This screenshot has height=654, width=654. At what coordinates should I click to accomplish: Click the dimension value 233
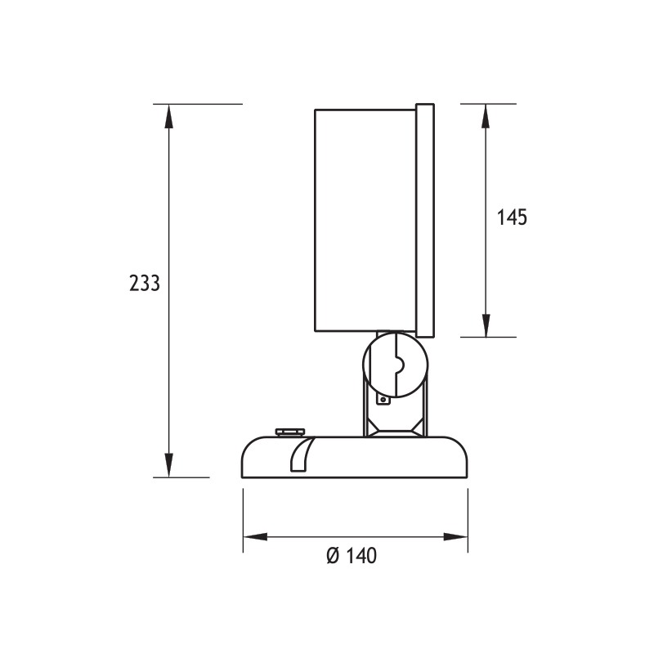pos(144,283)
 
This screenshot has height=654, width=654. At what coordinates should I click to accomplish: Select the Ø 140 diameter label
pos(351,556)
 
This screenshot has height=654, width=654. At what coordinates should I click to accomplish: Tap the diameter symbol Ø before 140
pos(332,556)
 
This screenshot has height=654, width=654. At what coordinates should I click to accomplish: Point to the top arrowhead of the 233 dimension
pos(169,115)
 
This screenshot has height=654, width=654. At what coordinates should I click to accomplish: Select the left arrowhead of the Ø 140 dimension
pos(254,537)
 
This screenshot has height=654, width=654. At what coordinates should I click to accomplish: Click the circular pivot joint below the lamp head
pos(394,363)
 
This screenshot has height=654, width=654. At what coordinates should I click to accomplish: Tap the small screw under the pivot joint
pos(381,400)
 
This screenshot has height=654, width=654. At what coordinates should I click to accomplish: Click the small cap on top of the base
pos(289,431)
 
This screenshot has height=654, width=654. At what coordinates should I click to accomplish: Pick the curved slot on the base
pos(301,455)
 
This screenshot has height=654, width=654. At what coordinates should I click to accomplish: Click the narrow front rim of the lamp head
pos(425,219)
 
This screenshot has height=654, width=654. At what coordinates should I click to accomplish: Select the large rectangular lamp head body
pos(365,219)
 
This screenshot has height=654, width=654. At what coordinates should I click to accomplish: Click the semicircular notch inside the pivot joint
pos(398,363)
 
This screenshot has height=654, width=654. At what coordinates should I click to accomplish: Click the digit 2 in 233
pos(134,283)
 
